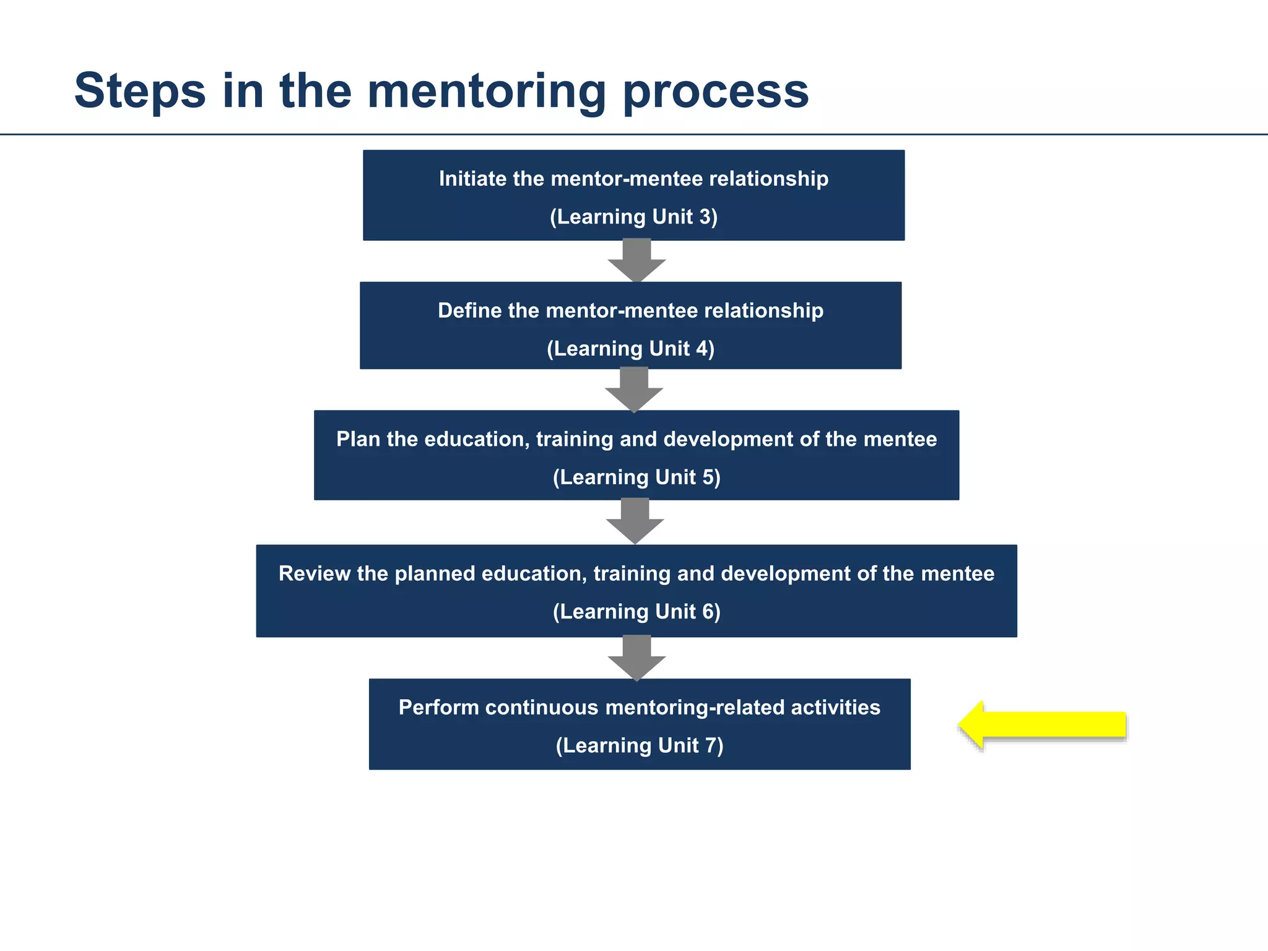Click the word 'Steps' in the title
[140, 92]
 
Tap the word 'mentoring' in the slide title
[487, 92]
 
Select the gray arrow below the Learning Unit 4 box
[634, 389]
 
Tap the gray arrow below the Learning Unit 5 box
[635, 521]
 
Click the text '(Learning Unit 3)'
[633, 217]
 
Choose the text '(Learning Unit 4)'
[630, 349]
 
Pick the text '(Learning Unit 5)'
[636, 477]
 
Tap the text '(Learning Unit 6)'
[636, 612]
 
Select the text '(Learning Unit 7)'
[640, 745]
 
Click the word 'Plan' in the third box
[358, 440]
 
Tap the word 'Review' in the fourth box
[315, 574]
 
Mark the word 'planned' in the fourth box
[435, 575]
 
